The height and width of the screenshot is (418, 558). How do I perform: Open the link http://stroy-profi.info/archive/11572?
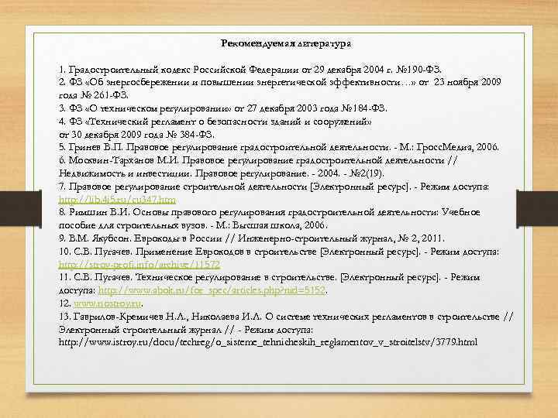(x=139, y=264)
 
